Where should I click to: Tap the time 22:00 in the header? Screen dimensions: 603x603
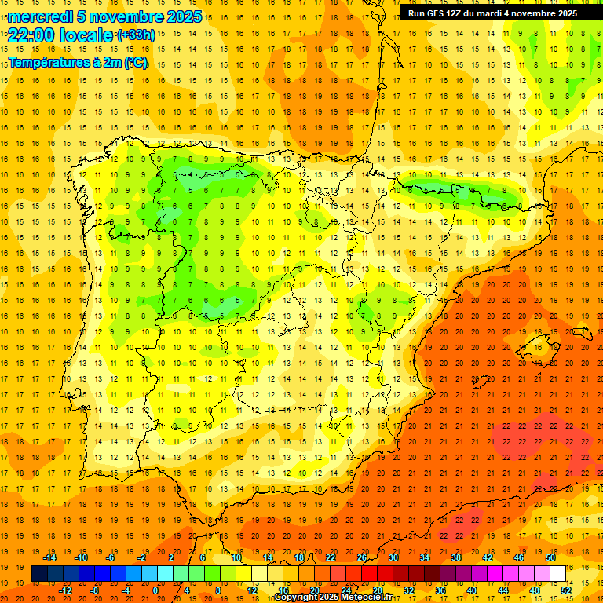tap(32, 35)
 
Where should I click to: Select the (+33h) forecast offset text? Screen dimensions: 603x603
tap(136, 35)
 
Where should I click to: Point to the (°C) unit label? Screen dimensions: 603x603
tap(135, 62)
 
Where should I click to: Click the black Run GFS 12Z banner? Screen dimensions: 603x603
tap(492, 13)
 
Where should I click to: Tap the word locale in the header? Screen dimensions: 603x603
tap(86, 35)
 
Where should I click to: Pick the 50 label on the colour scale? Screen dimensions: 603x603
tap(550, 557)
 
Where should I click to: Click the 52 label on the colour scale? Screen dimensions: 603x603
tap(566, 590)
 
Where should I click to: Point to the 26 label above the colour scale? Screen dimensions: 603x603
tap(362, 557)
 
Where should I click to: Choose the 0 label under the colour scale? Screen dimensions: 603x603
tap(156, 590)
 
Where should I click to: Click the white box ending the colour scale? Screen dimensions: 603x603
tap(558, 573)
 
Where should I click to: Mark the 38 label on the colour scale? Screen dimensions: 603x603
tap(456, 557)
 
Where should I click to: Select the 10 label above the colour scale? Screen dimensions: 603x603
tap(236, 557)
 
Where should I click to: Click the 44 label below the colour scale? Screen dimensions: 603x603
tap(503, 590)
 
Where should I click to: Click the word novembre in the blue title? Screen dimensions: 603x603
tap(124, 16)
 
